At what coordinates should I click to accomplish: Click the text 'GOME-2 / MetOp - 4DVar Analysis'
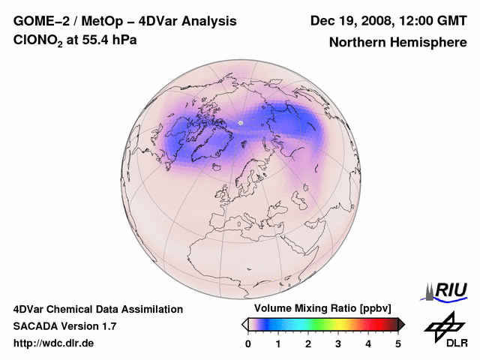coord(124,21)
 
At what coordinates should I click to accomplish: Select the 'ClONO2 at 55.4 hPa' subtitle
coord(75,40)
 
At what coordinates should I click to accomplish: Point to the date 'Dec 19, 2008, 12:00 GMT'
coord(388,21)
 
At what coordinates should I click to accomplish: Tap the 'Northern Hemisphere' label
coord(398,42)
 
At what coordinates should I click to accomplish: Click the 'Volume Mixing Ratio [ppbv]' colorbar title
coord(319,309)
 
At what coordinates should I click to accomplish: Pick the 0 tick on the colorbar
coord(248,343)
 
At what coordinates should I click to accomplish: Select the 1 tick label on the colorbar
coord(278,343)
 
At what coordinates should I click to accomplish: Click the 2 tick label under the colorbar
coord(308,343)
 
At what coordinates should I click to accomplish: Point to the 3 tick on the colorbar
coord(338,343)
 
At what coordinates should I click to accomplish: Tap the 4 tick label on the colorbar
coord(368,343)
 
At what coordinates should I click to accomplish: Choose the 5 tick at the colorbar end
coord(398,343)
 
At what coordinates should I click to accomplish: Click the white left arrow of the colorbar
coord(244,324)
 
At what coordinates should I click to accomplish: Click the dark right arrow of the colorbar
coord(401,324)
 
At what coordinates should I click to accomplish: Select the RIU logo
coord(447,290)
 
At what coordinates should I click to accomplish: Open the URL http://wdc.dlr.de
coord(54,343)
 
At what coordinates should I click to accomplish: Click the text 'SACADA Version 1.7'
coord(64,326)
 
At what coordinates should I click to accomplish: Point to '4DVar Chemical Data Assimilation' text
coord(97,309)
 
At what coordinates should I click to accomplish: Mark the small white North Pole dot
coord(241,122)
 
